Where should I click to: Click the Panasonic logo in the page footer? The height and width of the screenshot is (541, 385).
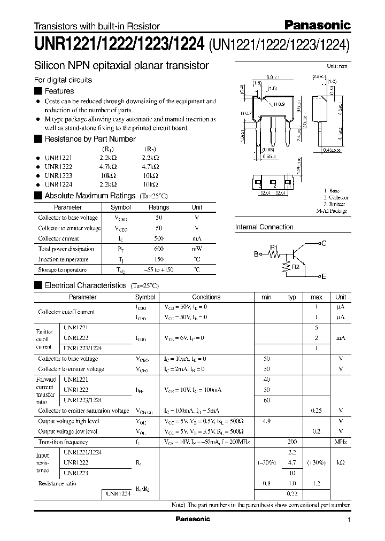point(193,519)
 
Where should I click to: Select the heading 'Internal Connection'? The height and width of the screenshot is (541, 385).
point(264,227)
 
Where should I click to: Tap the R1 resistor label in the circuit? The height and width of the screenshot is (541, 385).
point(274,248)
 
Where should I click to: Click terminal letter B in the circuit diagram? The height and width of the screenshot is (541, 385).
point(256,255)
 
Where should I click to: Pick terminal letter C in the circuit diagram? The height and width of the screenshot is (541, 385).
point(323,243)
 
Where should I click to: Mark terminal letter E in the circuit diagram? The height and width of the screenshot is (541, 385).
point(323,276)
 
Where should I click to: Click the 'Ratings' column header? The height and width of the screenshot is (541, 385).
point(159,207)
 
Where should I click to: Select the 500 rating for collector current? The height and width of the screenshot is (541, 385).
point(159,238)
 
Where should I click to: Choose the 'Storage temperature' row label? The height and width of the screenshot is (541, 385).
point(62,269)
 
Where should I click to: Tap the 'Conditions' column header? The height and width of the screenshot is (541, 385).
point(206,297)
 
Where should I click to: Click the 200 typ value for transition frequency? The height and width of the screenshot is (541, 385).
point(292,442)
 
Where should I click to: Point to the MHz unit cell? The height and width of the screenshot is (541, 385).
point(341,442)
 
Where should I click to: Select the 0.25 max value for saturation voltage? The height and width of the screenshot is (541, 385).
point(317,411)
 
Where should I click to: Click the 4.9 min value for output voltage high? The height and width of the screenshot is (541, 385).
point(266,421)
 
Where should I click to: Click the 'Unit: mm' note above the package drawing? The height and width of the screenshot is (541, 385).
point(337,66)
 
